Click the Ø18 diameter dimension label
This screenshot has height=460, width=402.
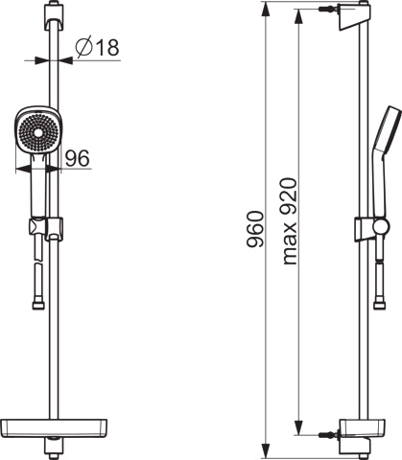pos(97,47)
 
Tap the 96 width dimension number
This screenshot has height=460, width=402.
pos(78,158)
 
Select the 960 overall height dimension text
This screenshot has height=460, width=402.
pos(255,229)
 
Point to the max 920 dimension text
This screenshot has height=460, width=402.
pos(291,221)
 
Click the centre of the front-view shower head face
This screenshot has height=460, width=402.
pos(38,132)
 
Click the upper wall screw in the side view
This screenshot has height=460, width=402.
pos(328,10)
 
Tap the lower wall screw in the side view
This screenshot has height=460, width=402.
pos(328,434)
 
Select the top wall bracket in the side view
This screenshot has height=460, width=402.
pos(353,17)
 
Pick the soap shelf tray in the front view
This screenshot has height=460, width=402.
pos(54,428)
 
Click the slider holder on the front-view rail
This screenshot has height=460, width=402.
pos(54,229)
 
